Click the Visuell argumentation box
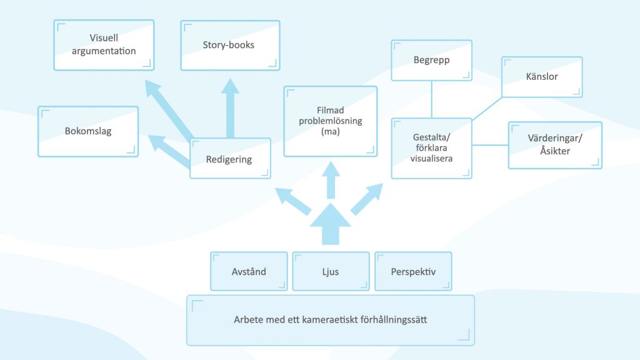104,45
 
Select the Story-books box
230,45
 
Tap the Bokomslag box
88,131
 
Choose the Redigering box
230,158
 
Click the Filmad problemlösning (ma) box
330,121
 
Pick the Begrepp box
431,61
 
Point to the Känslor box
542,77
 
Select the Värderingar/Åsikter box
555,145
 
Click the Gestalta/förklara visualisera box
431,148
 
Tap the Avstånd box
249,271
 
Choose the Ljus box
331,271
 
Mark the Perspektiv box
414,271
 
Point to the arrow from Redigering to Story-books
230,108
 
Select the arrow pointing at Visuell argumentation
169,110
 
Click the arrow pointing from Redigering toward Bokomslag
169,151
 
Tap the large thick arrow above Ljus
331,224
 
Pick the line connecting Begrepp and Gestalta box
432,99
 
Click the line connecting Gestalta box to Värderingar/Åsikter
490,145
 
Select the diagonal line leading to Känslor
487,109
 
